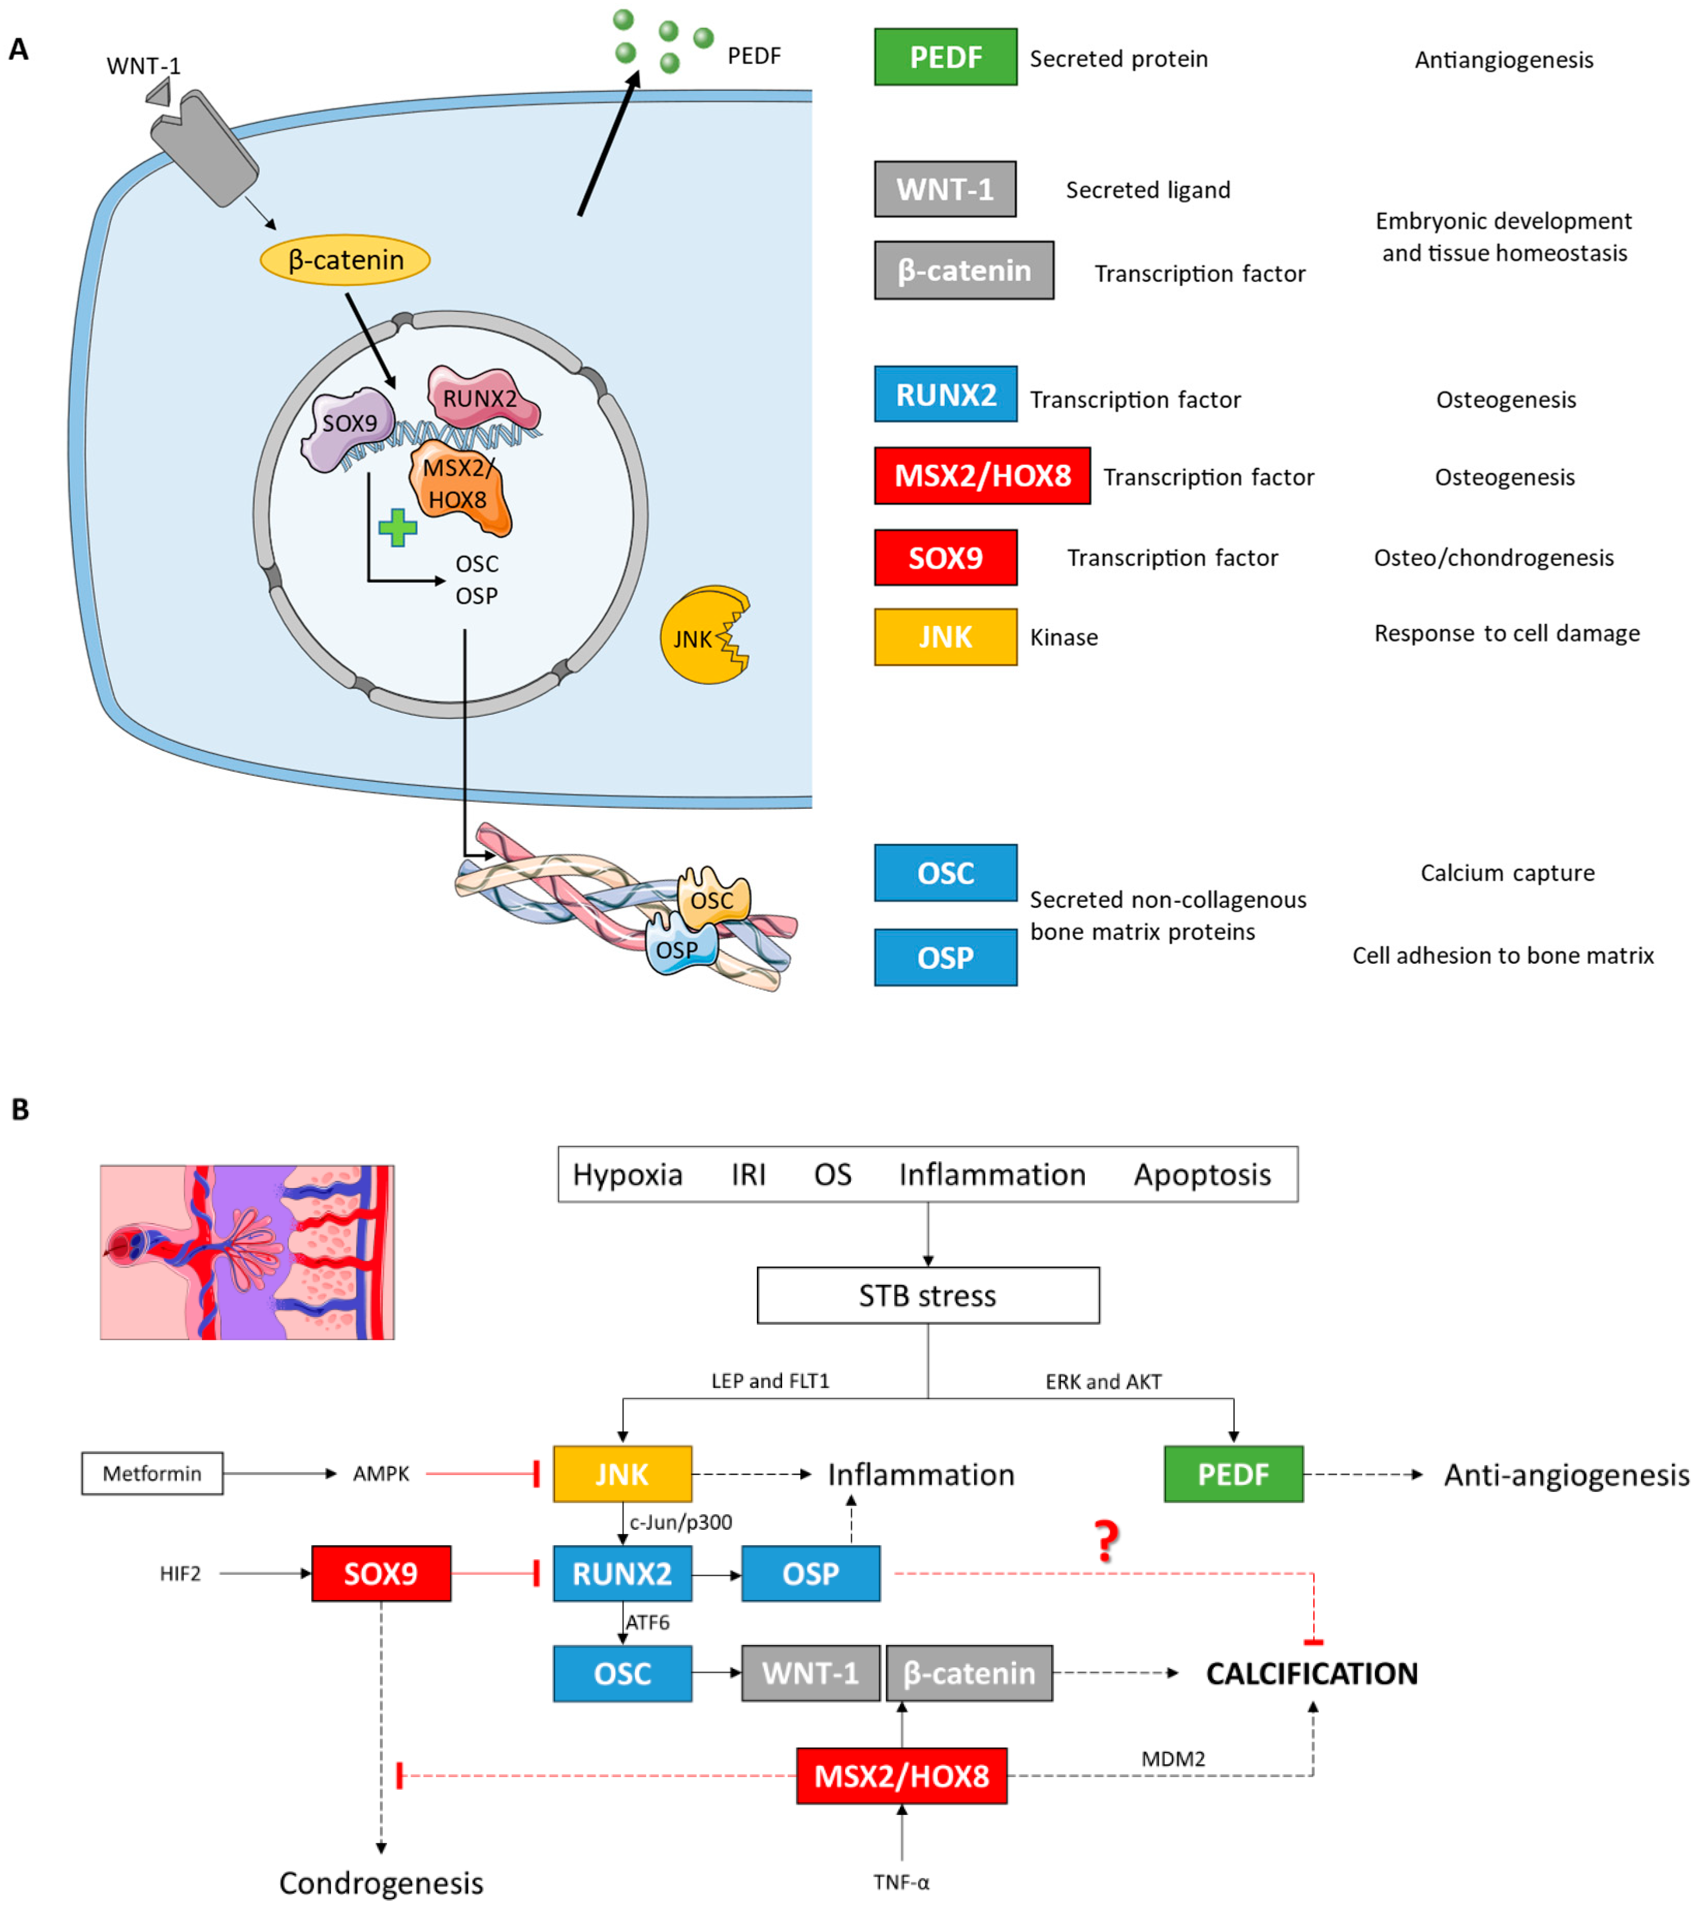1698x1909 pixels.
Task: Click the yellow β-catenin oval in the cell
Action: (x=345, y=260)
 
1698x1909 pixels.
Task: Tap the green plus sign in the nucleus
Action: (x=398, y=528)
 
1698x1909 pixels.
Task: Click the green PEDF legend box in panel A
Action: (x=945, y=57)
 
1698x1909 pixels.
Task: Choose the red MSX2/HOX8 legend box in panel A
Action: (x=982, y=475)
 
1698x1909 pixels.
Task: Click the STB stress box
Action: (x=927, y=1295)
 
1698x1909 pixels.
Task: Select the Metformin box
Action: (x=152, y=1474)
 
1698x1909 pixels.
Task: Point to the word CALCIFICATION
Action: (x=1311, y=1673)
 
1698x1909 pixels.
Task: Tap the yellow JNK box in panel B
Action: (x=622, y=1474)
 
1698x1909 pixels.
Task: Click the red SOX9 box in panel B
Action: (x=381, y=1574)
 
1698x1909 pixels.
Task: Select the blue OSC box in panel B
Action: (x=622, y=1673)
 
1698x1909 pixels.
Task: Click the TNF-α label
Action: (x=901, y=1882)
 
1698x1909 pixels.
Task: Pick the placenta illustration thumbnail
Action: (x=247, y=1251)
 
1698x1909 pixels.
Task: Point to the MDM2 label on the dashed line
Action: (x=1173, y=1759)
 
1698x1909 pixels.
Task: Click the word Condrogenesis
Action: (x=381, y=1883)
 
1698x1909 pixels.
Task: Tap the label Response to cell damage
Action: (x=1506, y=633)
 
